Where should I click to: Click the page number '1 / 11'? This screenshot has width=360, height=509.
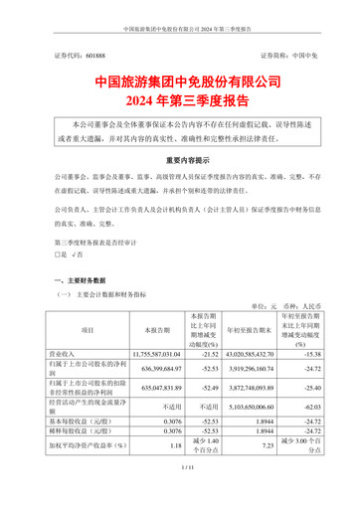180,494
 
